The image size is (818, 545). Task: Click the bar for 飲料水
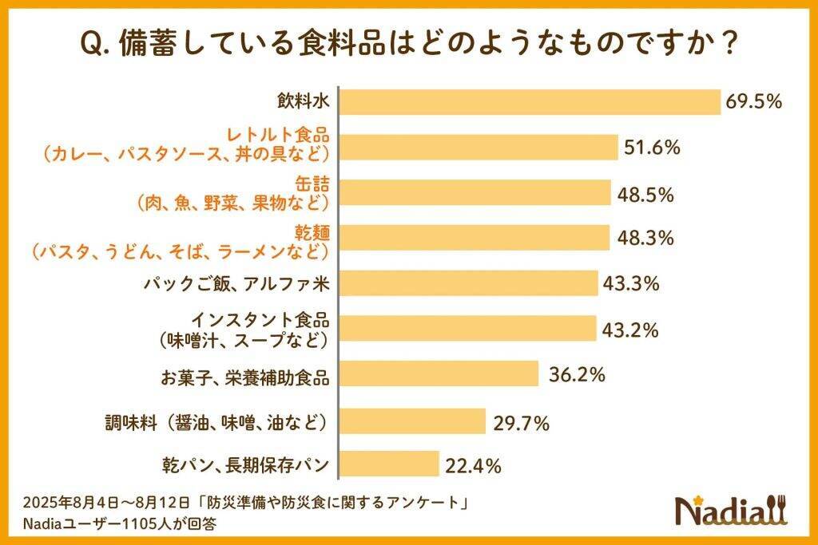pos(530,102)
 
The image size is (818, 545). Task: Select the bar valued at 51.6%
pos(479,148)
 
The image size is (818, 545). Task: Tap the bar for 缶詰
pos(476,193)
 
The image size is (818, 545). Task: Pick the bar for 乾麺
pos(475,238)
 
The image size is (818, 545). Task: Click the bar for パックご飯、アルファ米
pos(470,283)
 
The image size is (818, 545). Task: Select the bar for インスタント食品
pos(469,329)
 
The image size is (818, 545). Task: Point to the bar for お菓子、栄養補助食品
pos(440,373)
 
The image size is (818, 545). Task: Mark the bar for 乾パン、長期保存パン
pos(391,464)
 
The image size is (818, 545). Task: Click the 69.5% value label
pos(753,102)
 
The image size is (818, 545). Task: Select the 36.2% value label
pos(577,373)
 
